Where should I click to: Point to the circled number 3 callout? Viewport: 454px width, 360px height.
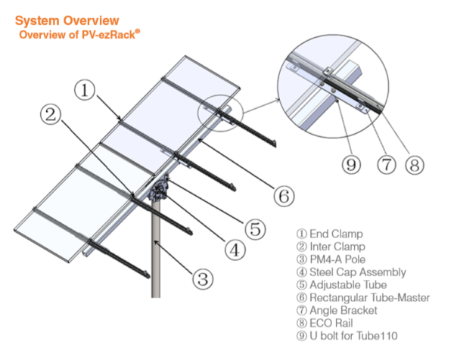(201, 279)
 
